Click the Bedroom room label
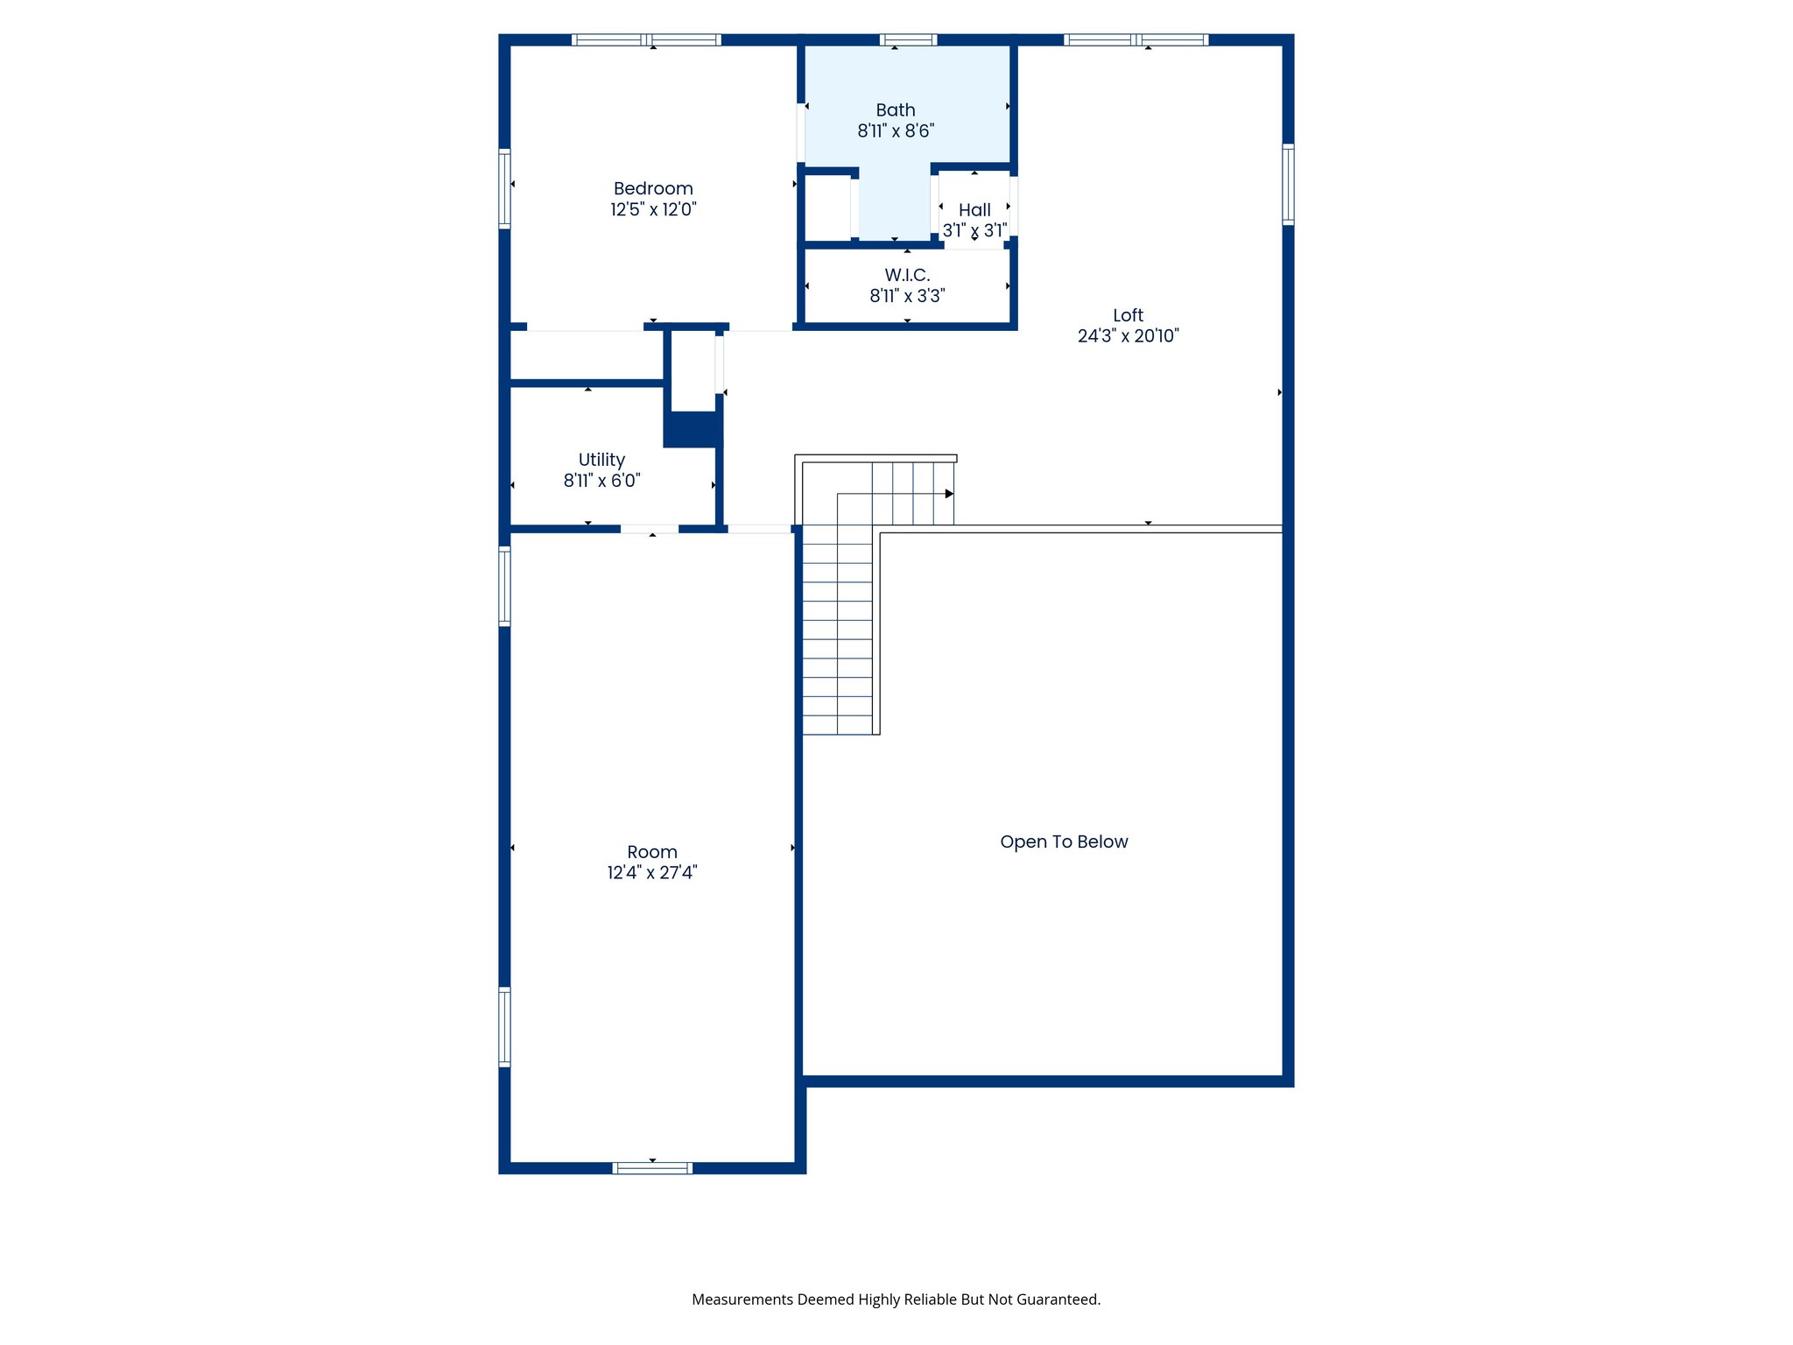(653, 188)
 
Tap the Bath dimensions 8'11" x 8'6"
(896, 131)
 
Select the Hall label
(974, 210)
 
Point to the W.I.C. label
(907, 275)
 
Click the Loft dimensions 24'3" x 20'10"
(1128, 335)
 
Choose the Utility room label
(601, 460)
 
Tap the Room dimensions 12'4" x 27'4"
(652, 873)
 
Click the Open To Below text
(1064, 842)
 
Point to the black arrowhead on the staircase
(949, 494)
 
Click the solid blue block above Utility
(693, 429)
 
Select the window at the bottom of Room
(652, 1167)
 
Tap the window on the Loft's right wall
(1288, 184)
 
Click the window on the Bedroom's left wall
(504, 188)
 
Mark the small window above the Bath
(908, 39)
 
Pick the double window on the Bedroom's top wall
(646, 39)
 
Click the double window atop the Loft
(1136, 39)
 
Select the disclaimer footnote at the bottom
(896, 1299)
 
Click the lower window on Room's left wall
(504, 1026)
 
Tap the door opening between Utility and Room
(650, 529)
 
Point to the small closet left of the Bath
(827, 207)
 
